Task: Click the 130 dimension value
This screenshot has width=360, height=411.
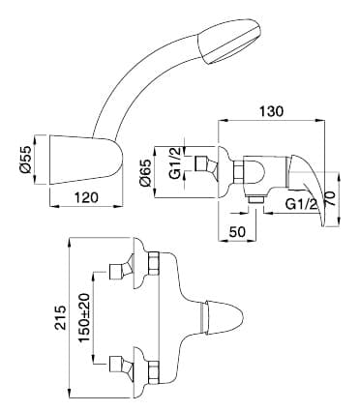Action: (x=271, y=111)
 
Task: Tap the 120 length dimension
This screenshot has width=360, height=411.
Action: (x=86, y=197)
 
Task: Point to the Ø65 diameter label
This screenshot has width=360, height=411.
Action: (x=145, y=173)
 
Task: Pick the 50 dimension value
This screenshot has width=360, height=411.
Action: (x=237, y=231)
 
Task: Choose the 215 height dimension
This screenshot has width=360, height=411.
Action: (x=60, y=317)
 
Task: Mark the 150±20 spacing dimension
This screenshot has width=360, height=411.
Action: (x=84, y=318)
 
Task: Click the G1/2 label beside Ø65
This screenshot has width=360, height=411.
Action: (x=175, y=163)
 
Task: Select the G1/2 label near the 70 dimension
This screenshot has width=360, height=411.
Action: (x=302, y=204)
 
